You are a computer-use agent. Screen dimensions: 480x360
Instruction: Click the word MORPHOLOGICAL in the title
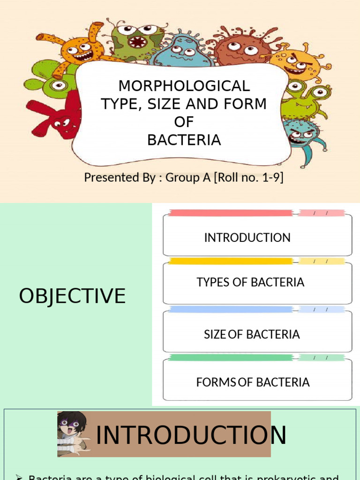(184, 86)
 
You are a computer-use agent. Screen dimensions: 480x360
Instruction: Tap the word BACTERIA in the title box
(184, 140)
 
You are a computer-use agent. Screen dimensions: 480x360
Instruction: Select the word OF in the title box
(184, 122)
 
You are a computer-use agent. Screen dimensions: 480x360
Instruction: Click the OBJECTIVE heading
(72, 296)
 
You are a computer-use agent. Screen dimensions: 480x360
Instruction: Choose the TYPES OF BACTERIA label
(250, 282)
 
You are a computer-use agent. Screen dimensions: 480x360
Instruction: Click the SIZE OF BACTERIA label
(252, 334)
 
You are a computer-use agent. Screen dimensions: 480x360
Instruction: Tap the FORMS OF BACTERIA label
(253, 382)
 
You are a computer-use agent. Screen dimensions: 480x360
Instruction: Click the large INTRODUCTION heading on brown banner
(191, 435)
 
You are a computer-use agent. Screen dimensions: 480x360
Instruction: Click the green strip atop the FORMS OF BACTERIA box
(230, 358)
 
